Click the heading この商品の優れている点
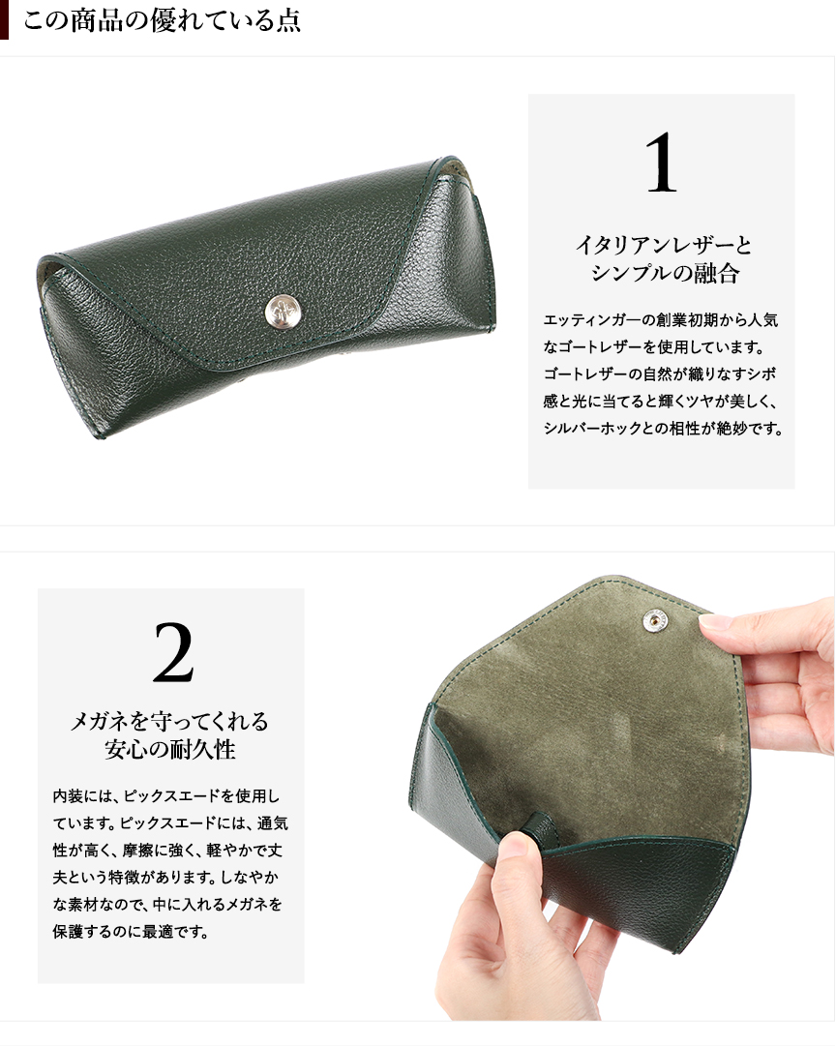(162, 20)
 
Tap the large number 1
(661, 163)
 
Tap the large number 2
(173, 652)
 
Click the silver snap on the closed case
(283, 312)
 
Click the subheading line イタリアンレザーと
(663, 246)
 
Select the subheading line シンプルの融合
(665, 273)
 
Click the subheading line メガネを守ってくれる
(170, 721)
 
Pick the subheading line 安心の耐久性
(170, 749)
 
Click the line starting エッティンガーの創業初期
(661, 320)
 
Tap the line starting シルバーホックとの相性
(663, 429)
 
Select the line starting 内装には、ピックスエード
(166, 795)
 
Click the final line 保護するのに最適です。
(131, 932)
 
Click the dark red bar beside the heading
(4, 19)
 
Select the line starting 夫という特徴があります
(165, 878)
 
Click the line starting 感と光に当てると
(661, 402)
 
